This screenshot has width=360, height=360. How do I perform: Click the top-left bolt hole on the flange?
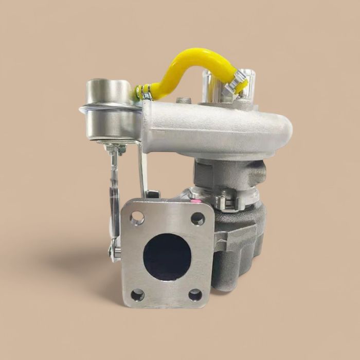tap(137, 219)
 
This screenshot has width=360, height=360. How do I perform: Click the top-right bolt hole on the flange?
tap(197, 219)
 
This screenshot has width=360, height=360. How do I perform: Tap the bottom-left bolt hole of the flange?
tap(137, 295)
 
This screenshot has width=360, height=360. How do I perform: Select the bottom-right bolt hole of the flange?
tap(195, 295)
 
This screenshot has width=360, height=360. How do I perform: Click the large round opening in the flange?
tap(167, 257)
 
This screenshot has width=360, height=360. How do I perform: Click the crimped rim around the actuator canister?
tap(109, 110)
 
